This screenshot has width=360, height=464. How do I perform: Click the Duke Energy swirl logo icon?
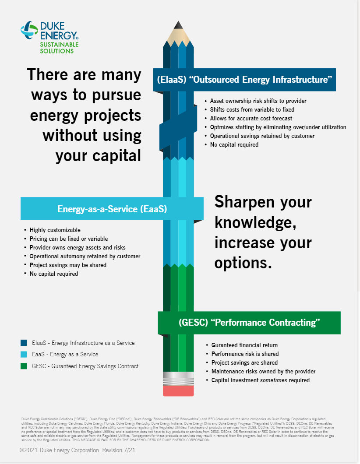point(29,30)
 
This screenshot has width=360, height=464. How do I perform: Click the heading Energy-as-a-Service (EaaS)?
point(112,209)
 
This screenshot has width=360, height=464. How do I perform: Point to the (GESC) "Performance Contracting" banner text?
point(249,323)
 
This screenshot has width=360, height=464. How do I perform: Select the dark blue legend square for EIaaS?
point(24,343)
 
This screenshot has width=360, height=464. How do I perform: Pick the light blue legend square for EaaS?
point(24,354)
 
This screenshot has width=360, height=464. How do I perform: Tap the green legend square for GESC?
point(24,366)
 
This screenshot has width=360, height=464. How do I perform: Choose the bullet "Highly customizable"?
point(55,230)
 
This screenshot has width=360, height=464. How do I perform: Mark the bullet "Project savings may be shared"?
point(68,265)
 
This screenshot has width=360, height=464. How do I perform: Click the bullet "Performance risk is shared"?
point(245,354)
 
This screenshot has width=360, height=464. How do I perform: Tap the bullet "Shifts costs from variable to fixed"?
point(252,109)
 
